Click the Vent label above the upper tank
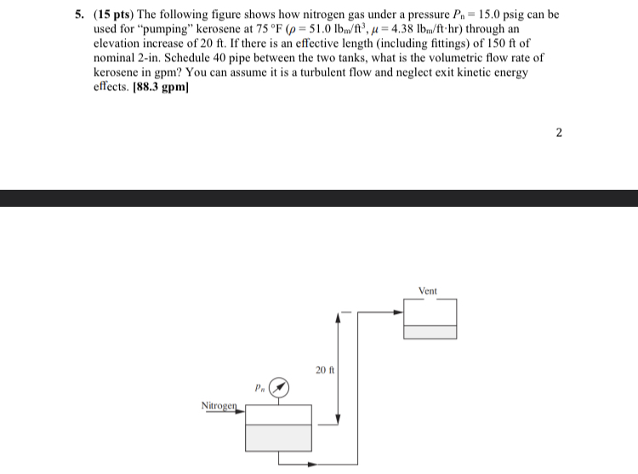428,291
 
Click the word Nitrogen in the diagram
219,405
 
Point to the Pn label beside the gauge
259,386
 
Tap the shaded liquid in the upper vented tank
430,332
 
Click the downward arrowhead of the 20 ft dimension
339,417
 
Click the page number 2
558,132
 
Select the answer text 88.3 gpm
159,86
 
